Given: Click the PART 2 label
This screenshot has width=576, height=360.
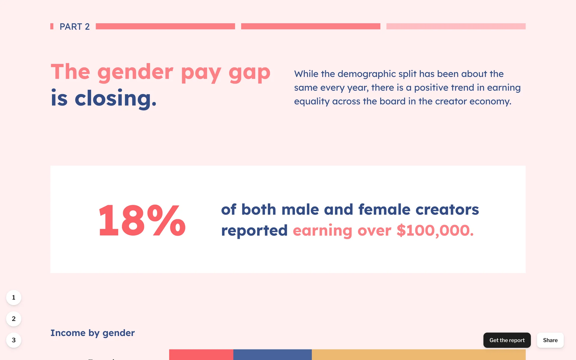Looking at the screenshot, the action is [x=74, y=27].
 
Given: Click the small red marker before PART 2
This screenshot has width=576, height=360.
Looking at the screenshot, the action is [x=52, y=26].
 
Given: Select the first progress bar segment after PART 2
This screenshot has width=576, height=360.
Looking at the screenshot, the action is [x=165, y=26].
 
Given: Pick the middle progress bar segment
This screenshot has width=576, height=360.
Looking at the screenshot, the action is [x=310, y=26].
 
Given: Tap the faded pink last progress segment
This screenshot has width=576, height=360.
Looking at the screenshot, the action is [x=456, y=26].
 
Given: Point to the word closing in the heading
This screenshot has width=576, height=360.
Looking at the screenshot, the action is [x=115, y=98].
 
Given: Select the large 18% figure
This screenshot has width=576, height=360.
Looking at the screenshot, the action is [x=142, y=220].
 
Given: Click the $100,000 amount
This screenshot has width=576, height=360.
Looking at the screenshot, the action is [x=435, y=231].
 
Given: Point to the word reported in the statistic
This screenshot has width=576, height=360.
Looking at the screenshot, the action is [x=254, y=231].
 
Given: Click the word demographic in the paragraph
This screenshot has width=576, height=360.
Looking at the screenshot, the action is [x=367, y=74].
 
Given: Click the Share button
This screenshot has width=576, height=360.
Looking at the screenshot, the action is [x=550, y=340].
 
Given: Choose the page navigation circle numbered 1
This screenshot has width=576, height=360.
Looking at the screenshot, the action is [x=13, y=298].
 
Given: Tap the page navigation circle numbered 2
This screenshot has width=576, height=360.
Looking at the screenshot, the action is [x=13, y=319].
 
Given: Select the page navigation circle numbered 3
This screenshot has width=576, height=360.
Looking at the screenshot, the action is [x=13, y=340].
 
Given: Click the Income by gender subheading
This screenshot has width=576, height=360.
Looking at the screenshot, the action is [x=92, y=333].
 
